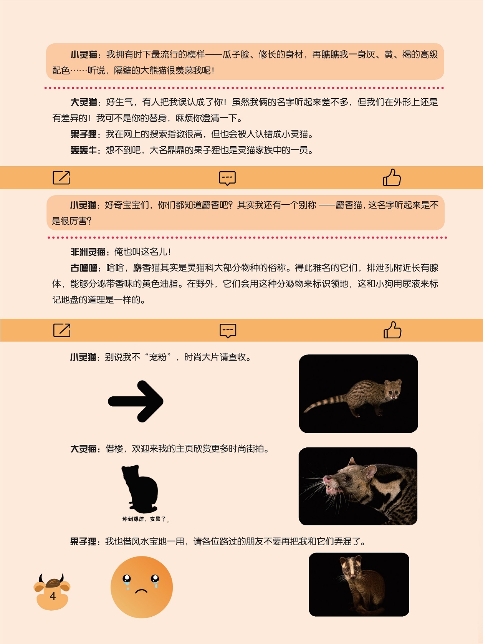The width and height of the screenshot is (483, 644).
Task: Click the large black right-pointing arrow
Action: (x=136, y=401)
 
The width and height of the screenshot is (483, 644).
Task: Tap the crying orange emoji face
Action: (x=142, y=587)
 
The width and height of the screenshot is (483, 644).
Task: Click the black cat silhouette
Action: (x=140, y=488)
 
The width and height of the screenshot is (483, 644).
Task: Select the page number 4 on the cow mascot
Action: (x=53, y=596)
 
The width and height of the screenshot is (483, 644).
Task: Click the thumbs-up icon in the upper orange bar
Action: (x=392, y=177)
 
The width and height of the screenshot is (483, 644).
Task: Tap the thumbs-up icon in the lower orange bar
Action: (x=392, y=330)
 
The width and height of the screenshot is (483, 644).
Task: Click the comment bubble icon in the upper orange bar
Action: (x=227, y=178)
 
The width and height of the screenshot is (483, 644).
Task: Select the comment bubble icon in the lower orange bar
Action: (x=228, y=331)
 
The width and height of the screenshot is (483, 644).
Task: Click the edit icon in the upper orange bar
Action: (x=61, y=177)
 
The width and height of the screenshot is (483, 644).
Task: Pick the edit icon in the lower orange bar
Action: (x=62, y=330)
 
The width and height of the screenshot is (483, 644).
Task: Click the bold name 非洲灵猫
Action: (x=88, y=252)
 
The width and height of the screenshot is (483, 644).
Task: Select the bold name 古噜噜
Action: (x=84, y=268)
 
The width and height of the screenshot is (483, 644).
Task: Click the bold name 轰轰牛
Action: (x=84, y=150)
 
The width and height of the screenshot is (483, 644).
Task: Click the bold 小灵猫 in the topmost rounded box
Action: (x=84, y=55)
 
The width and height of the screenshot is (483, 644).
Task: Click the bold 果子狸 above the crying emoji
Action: (x=83, y=541)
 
